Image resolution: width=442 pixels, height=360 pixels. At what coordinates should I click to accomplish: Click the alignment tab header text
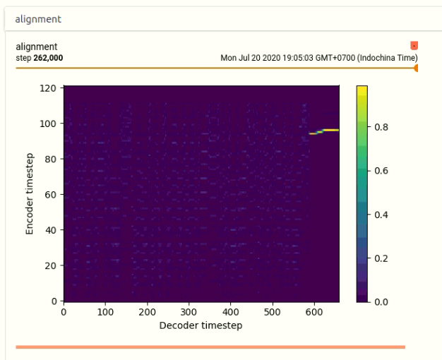38,19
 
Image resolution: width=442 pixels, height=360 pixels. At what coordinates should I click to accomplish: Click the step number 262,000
48,58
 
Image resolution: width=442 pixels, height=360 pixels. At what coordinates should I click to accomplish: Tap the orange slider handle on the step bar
416,68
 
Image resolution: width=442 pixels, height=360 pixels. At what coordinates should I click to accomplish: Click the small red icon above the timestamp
414,45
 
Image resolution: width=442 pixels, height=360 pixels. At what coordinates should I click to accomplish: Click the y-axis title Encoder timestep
30,193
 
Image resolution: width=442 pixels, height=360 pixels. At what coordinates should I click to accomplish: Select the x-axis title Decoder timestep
201,325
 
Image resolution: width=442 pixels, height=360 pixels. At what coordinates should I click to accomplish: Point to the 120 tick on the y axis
48,88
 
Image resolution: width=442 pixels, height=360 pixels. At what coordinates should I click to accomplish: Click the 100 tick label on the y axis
48,124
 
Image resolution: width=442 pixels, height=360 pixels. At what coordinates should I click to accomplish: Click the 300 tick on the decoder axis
189,312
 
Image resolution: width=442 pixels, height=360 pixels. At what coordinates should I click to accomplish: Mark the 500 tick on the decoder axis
273,312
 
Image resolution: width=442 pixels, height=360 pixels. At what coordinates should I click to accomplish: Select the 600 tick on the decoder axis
314,312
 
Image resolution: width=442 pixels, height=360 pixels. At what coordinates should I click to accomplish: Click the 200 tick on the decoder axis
147,312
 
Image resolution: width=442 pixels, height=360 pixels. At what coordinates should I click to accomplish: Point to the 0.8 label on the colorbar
381,127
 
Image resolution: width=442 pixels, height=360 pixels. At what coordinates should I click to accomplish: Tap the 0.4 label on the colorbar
381,215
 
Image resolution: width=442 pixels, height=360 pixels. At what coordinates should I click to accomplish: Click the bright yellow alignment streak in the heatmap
324,131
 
